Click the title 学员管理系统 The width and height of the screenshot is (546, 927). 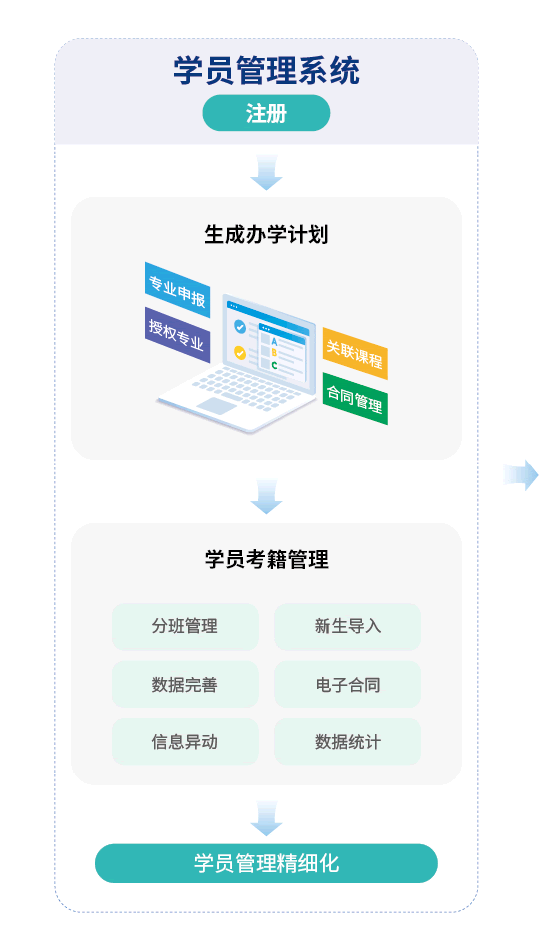pyautogui.click(x=266, y=71)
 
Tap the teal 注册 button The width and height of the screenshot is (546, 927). pyautogui.click(x=266, y=113)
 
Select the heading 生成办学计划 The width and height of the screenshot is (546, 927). pyautogui.click(x=266, y=234)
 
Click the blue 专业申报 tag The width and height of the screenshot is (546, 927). pyautogui.click(x=177, y=290)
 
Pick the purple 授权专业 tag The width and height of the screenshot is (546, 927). pyautogui.click(x=177, y=335)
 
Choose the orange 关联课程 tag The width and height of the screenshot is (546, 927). pyautogui.click(x=355, y=353)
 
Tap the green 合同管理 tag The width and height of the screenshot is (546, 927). pyautogui.click(x=355, y=398)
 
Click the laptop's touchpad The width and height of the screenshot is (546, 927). pyautogui.click(x=217, y=406)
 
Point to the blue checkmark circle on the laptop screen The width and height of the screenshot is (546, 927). pyautogui.click(x=240, y=326)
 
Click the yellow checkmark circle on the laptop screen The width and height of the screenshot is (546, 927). pyautogui.click(x=240, y=352)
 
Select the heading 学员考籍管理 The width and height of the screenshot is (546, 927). pyautogui.click(x=266, y=559)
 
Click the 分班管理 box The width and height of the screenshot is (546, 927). pyautogui.click(x=185, y=627)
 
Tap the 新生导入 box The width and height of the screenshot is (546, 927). pyautogui.click(x=348, y=627)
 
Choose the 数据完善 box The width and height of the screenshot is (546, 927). pyautogui.click(x=185, y=684)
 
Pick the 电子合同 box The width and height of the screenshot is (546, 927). pyautogui.click(x=348, y=684)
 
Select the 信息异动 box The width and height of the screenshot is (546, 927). pyautogui.click(x=185, y=742)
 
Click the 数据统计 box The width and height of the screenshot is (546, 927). pyautogui.click(x=348, y=742)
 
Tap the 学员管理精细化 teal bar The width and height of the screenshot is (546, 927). pyautogui.click(x=266, y=863)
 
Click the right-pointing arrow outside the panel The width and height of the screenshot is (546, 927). pyautogui.click(x=521, y=475)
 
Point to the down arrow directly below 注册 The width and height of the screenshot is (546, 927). pyautogui.click(x=266, y=172)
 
